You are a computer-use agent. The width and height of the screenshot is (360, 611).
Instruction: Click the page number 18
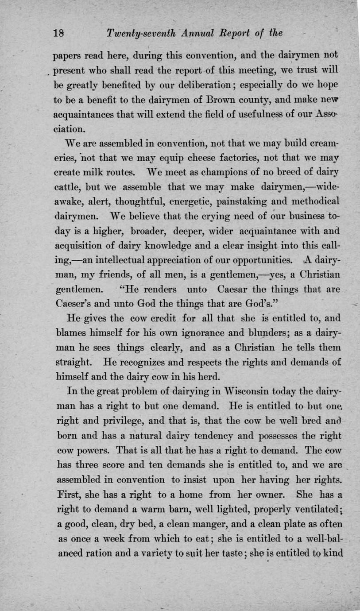[59, 33]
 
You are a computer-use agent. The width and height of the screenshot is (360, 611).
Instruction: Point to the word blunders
[261, 332]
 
